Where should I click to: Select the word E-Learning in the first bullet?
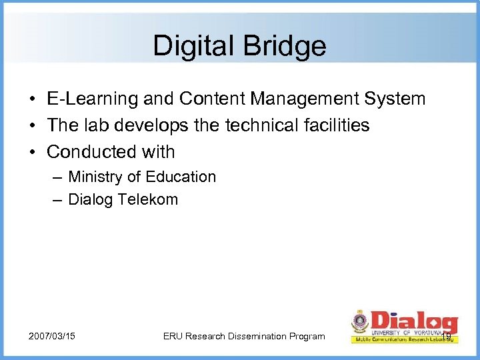[x=87, y=99]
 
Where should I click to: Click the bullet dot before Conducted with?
[x=32, y=152]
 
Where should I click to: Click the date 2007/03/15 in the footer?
[x=52, y=336]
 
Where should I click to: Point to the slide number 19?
[x=446, y=327]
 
